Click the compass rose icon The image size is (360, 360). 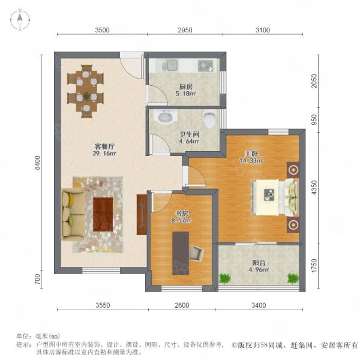20,20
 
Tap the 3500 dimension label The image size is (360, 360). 102,30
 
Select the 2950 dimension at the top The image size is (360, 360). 185,30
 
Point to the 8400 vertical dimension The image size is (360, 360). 37,163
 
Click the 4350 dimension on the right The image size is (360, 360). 314,188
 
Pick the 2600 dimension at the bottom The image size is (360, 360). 182,305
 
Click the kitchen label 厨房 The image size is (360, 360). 186,87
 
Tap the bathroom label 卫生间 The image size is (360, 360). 189,134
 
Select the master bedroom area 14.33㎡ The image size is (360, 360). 251,160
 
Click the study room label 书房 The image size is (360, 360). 182,214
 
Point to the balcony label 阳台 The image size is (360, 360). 259,262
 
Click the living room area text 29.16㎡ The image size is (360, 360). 104,154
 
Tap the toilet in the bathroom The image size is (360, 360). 209,119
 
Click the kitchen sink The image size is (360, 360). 172,65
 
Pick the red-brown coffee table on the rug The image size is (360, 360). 103,214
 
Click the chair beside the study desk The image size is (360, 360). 196,253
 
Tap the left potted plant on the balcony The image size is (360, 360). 224,278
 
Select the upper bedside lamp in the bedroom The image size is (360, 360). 293,170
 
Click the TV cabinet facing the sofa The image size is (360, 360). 142,215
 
